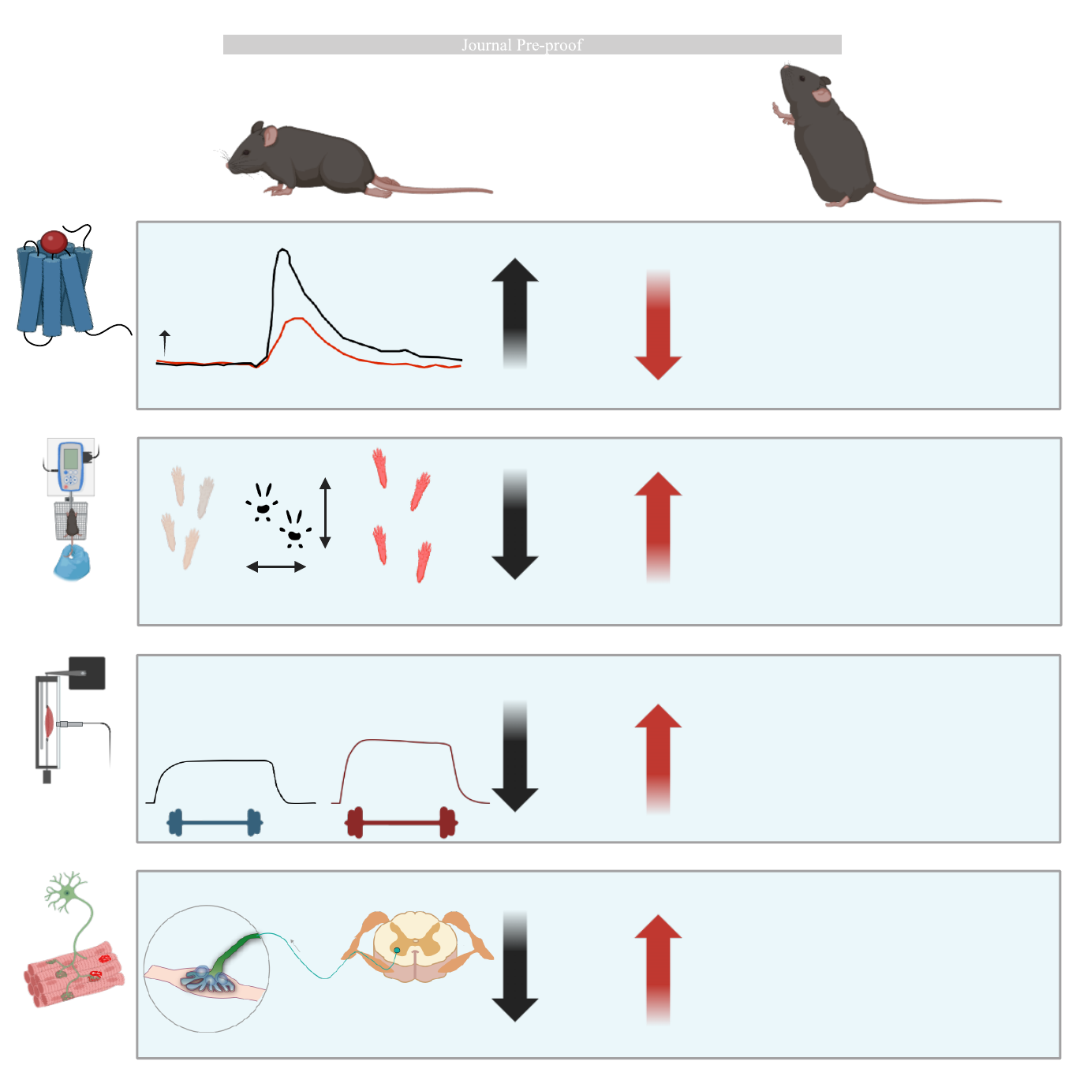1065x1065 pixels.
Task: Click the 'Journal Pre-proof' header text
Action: coord(522,45)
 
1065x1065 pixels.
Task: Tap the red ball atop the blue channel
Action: coord(54,241)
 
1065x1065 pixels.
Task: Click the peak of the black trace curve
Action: coord(282,250)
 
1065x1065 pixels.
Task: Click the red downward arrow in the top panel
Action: coord(658,327)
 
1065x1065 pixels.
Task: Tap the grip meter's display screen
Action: coord(71,458)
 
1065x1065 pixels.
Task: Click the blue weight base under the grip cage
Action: coord(71,563)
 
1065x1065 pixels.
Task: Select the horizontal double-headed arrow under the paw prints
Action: coord(276,566)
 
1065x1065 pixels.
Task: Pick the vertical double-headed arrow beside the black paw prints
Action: coord(325,513)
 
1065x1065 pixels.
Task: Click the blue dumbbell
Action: coord(215,823)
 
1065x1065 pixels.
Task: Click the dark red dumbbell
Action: coord(401,823)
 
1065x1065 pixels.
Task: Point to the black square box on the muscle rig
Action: coord(87,673)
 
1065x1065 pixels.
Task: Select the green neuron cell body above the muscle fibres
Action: coord(68,892)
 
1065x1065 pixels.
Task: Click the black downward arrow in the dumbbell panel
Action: coord(515,757)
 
